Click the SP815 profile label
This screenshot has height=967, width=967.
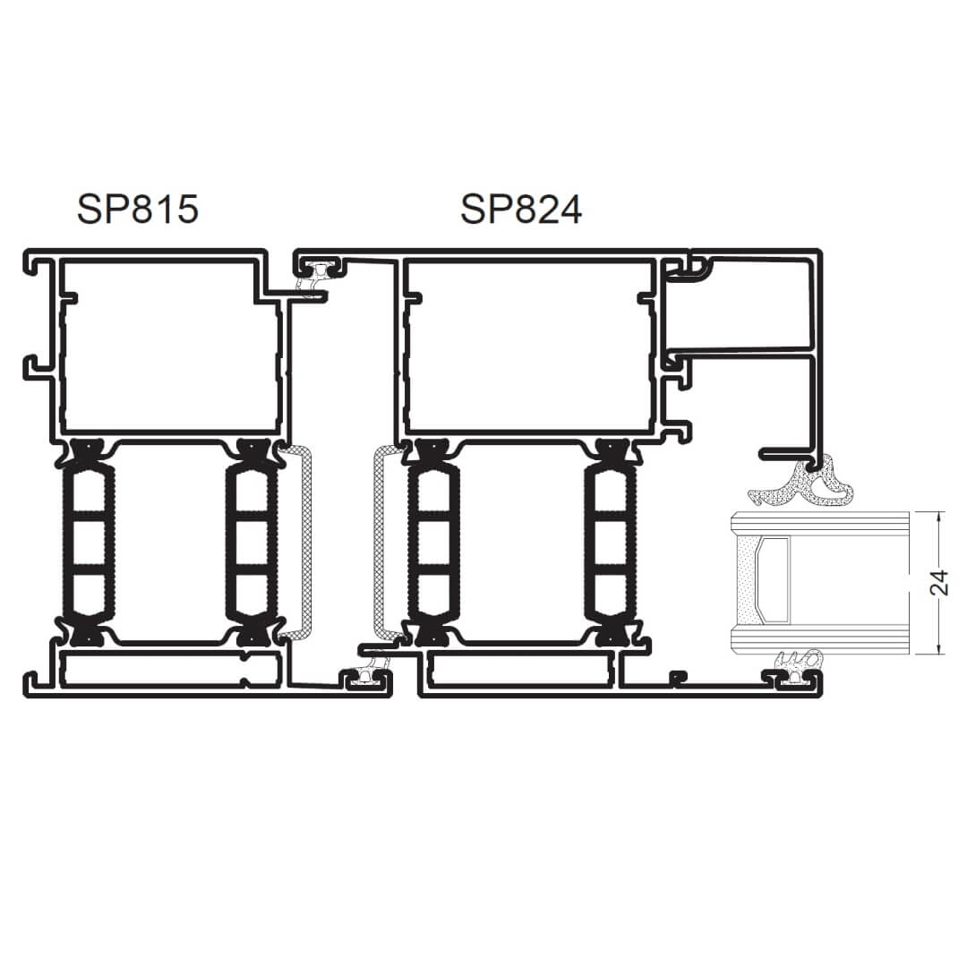click(x=138, y=209)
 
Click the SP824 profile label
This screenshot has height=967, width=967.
click(x=521, y=209)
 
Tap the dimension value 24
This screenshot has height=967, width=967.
click(x=938, y=583)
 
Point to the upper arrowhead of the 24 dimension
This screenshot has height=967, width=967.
click(x=938, y=517)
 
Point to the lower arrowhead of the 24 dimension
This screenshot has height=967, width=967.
click(x=938, y=649)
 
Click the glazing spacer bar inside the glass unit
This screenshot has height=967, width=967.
click(x=774, y=579)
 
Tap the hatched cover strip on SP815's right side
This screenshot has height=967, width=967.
click(x=297, y=543)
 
